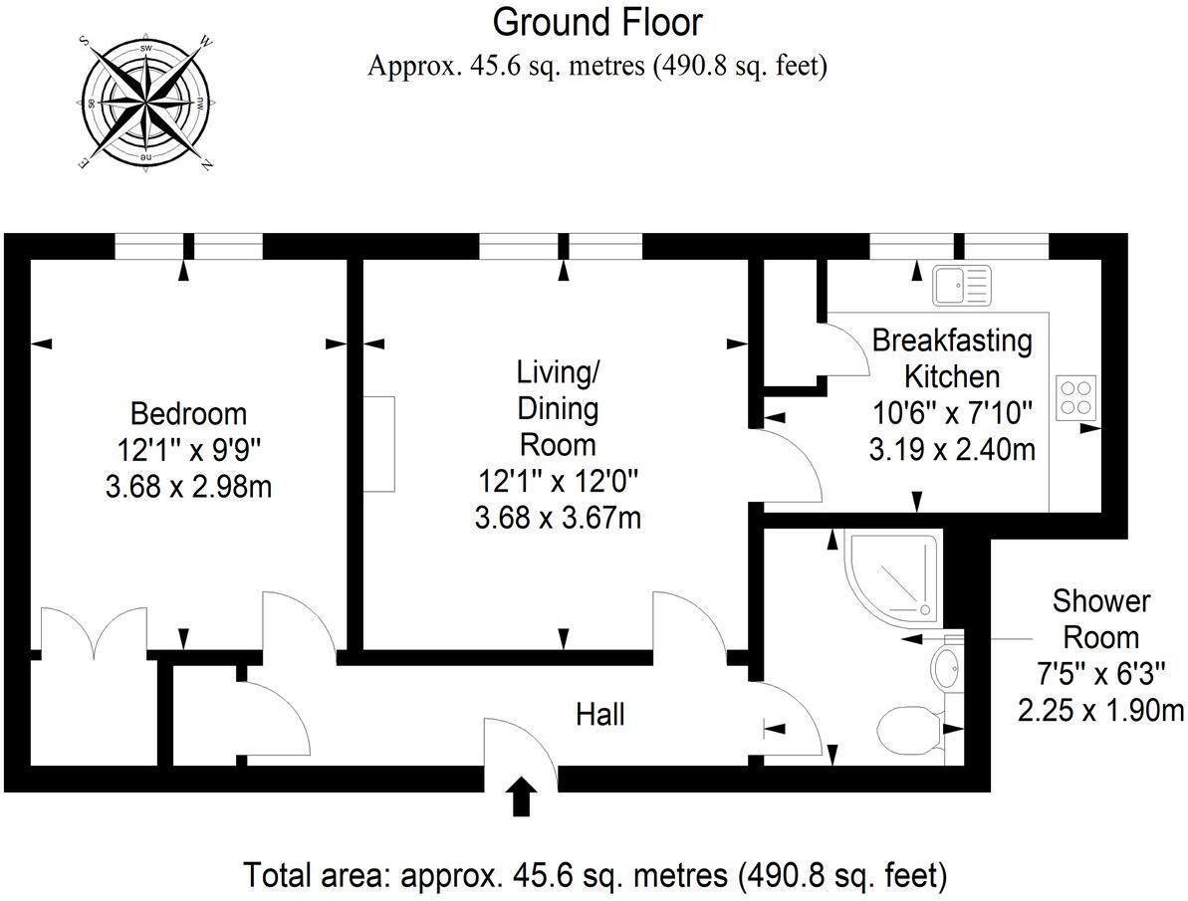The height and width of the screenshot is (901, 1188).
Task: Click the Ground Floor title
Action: [x=597, y=21]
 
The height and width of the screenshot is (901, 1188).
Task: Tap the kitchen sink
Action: [x=962, y=285]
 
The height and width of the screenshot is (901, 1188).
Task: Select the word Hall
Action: [x=601, y=714]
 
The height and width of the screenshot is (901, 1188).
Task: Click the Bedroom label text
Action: [x=189, y=413]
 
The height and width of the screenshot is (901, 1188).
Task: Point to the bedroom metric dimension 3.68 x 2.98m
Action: [x=189, y=487]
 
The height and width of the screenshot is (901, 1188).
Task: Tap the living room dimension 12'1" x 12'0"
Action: [x=557, y=481]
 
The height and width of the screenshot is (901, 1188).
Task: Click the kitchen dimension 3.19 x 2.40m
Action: [x=952, y=449]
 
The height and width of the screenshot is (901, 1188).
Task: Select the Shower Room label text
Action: [x=1101, y=618]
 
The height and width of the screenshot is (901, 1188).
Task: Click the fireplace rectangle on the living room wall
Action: [x=378, y=443]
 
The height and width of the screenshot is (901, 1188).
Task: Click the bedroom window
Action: [x=189, y=246]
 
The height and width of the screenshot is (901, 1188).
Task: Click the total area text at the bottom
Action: [x=594, y=876]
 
